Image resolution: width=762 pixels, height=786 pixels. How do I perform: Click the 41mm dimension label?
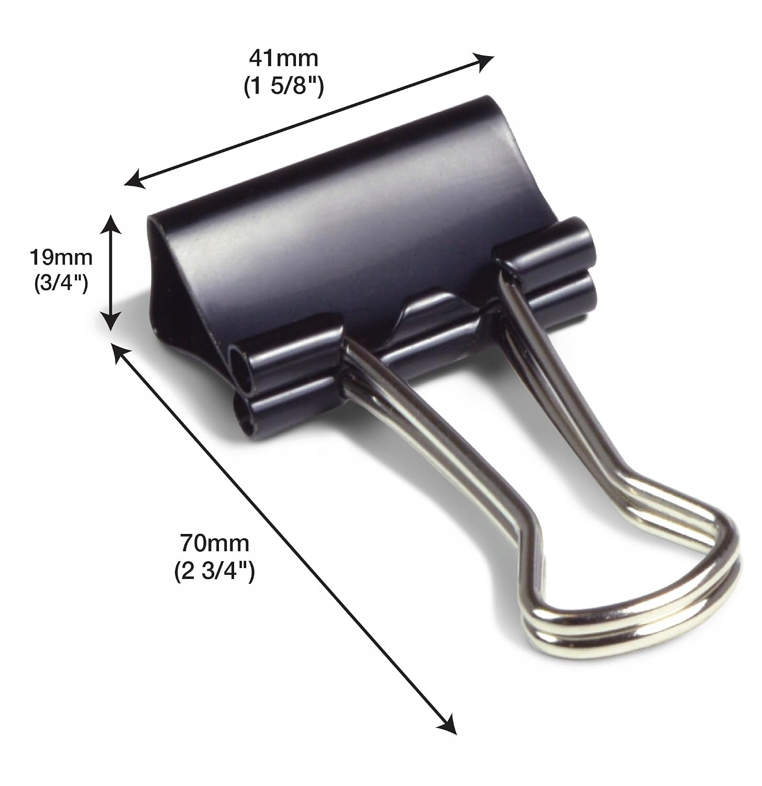pos(284,58)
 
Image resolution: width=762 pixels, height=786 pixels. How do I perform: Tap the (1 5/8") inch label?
pos(284,86)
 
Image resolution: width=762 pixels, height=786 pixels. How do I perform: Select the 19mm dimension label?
pos(61,257)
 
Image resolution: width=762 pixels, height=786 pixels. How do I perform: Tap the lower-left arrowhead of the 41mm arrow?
pos(135,179)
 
